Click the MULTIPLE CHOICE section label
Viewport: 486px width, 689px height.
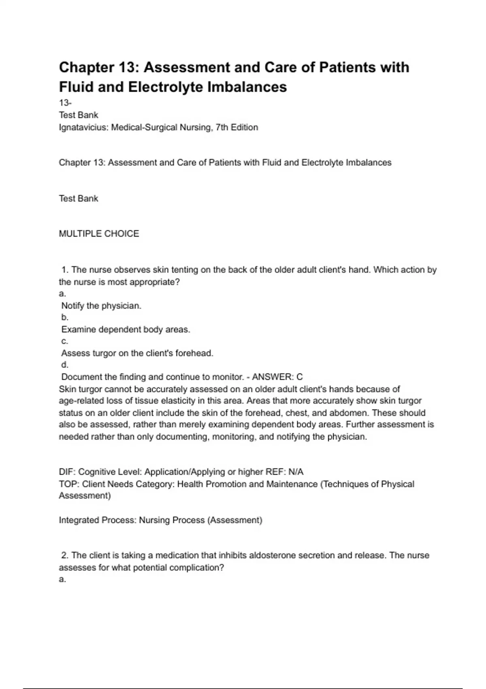point(99,234)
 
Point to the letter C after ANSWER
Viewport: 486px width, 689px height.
point(300,377)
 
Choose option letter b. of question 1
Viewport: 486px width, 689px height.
point(65,317)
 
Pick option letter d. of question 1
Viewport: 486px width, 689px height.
point(65,365)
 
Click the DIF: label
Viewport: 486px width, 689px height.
point(67,472)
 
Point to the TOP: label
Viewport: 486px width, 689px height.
point(69,484)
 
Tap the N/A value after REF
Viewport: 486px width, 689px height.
point(296,472)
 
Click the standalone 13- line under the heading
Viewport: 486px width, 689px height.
point(65,103)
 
